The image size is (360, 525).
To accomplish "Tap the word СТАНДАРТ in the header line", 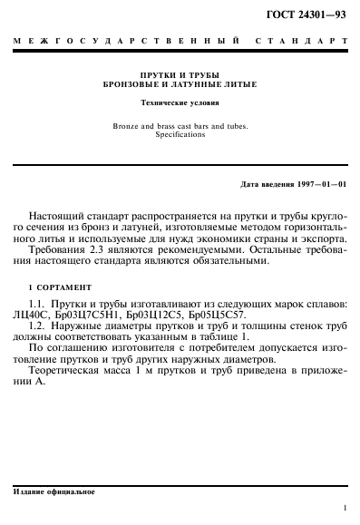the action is pyautogui.click(x=304, y=42).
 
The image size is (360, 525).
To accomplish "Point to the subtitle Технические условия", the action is pyautogui.click(x=180, y=104).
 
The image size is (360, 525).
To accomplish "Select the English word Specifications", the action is pyautogui.click(x=180, y=134).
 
